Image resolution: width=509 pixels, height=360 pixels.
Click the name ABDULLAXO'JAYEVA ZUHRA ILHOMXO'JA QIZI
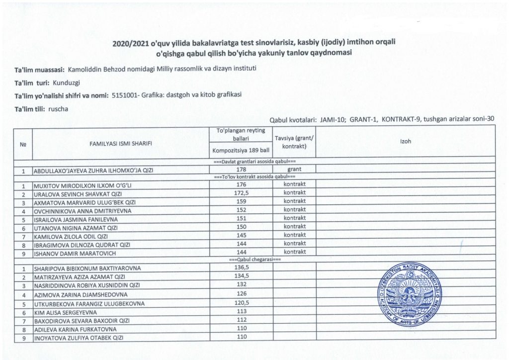(x=93, y=171)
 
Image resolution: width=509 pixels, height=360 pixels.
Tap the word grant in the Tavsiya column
(x=294, y=170)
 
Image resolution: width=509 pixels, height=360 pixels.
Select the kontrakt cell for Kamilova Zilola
(x=294, y=235)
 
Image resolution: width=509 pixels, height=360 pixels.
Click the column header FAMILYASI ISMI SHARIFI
(x=121, y=143)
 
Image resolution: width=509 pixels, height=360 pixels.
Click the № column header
(x=22, y=143)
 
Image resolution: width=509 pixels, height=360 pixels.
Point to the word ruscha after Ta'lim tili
(x=59, y=109)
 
